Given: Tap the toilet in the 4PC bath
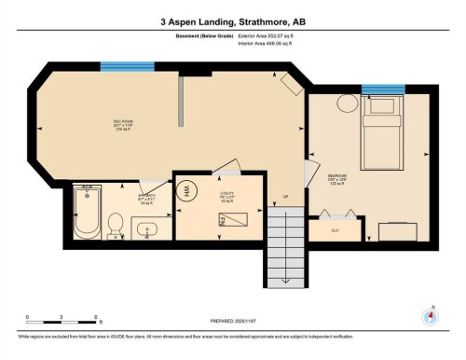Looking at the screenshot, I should pyautogui.click(x=116, y=224).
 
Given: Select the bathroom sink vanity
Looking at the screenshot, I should pyautogui.click(x=150, y=228).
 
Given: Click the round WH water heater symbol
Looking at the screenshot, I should pyautogui.click(x=185, y=190).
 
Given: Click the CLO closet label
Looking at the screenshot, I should pyautogui.click(x=336, y=228).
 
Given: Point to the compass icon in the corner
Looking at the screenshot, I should pyautogui.click(x=431, y=315).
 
